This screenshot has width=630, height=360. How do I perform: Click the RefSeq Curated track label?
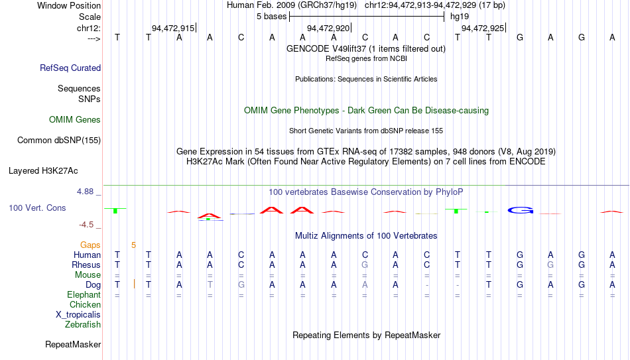coord(70,68)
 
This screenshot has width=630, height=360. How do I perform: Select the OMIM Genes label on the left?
coord(75,120)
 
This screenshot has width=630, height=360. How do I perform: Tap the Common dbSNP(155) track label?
coord(59,141)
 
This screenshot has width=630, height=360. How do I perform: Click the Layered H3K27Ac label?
coord(43,171)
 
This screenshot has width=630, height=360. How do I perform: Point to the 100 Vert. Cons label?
coord(37,208)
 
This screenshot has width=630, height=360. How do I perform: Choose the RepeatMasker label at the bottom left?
coord(73,344)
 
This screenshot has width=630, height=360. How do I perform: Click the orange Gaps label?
coord(90,245)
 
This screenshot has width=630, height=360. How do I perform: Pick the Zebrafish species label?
coord(83,324)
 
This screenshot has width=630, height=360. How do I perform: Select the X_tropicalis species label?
coord(78,315)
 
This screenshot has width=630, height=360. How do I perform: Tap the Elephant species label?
coord(84,294)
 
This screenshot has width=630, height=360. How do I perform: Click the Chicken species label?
coord(85,304)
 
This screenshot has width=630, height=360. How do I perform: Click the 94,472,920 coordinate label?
coord(328,28)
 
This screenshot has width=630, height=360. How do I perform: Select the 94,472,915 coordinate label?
coord(173,28)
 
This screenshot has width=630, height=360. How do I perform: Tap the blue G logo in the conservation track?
coord(521,210)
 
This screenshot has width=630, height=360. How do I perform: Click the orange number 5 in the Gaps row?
coord(133,245)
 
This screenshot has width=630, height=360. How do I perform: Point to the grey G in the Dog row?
coord(241,285)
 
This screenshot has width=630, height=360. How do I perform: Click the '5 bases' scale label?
coord(272,17)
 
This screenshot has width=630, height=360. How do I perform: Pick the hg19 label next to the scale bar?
coord(460,17)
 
